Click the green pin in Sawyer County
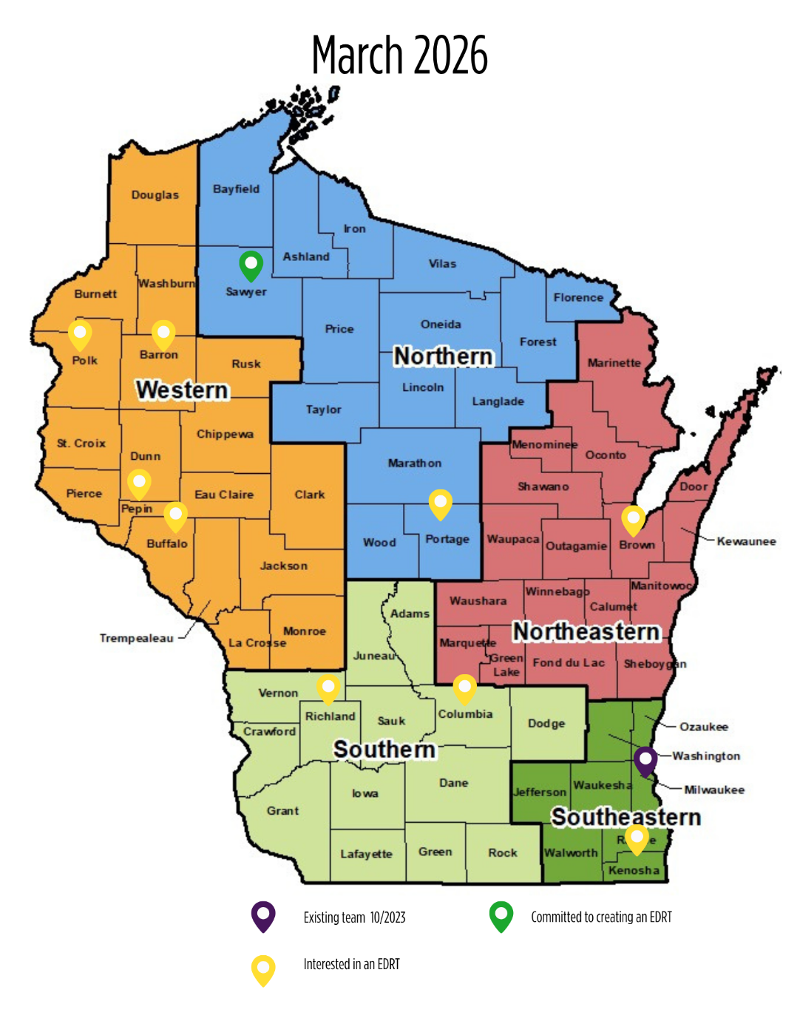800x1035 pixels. [x=251, y=265]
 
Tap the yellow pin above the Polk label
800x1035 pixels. [x=80, y=333]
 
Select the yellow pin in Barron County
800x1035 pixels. [x=163, y=333]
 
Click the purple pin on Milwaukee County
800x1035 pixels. [x=645, y=760]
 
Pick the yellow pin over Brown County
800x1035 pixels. [x=633, y=519]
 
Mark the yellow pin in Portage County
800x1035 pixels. [x=441, y=503]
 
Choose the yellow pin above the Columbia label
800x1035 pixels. [x=464, y=688]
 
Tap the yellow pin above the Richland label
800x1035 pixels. [x=328, y=688]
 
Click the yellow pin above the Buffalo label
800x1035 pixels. [x=175, y=515]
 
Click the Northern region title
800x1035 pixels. [x=443, y=356]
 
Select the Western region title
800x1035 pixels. [x=183, y=390]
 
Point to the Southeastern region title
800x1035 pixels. [x=626, y=817]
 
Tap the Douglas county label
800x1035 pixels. [x=155, y=195]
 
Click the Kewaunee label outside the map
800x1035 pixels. [x=746, y=541]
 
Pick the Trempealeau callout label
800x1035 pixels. [x=137, y=638]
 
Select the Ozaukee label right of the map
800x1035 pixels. [x=704, y=727]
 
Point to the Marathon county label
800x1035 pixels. [x=415, y=464]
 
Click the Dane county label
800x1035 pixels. [x=453, y=783]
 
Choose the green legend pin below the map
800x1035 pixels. [x=501, y=915]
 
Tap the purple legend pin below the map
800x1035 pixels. [x=263, y=915]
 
